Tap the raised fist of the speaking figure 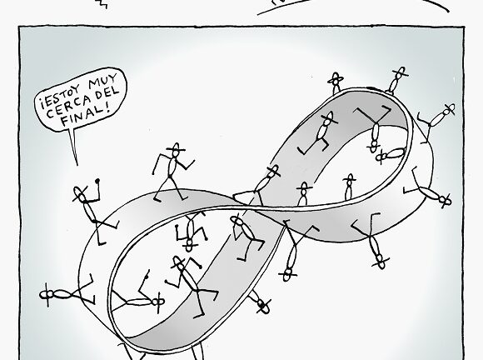pos(97,181)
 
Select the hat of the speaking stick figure pos(81,194)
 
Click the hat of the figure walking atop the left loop pos(176,147)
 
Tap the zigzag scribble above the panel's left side pos(102,3)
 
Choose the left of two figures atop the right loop pos(335,82)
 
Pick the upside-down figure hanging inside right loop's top pos(374,129)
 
